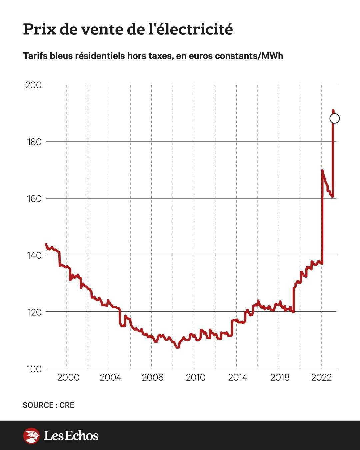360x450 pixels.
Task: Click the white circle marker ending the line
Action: pyautogui.click(x=334, y=118)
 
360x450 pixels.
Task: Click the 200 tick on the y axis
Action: pyautogui.click(x=33, y=85)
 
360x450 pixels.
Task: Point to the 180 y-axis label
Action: pyautogui.click(x=33, y=142)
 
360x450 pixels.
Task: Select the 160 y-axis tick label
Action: pyautogui.click(x=33, y=198)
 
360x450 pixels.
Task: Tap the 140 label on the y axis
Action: pyautogui.click(x=33, y=255)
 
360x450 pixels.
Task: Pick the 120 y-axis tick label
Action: pyautogui.click(x=33, y=312)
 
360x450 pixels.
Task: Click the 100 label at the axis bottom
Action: pyautogui.click(x=33, y=369)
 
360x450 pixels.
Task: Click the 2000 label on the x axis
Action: pyautogui.click(x=68, y=377)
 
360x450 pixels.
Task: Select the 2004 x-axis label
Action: pyautogui.click(x=110, y=377)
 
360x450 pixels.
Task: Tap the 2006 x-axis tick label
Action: pyautogui.click(x=153, y=377)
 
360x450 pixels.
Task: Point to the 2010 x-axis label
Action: pyautogui.click(x=195, y=377)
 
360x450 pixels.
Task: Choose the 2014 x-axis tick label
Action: pyautogui.click(x=238, y=377)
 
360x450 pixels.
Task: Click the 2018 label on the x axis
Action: pyautogui.click(x=280, y=377)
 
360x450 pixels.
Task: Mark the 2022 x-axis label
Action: pyautogui.click(x=321, y=377)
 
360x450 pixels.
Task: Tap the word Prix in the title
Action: pyautogui.click(x=39, y=29)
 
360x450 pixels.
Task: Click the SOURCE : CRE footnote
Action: pyautogui.click(x=49, y=405)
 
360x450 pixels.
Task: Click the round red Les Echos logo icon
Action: pyautogui.click(x=31, y=436)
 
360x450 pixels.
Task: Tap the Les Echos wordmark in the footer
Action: pyautogui.click(x=71, y=436)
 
